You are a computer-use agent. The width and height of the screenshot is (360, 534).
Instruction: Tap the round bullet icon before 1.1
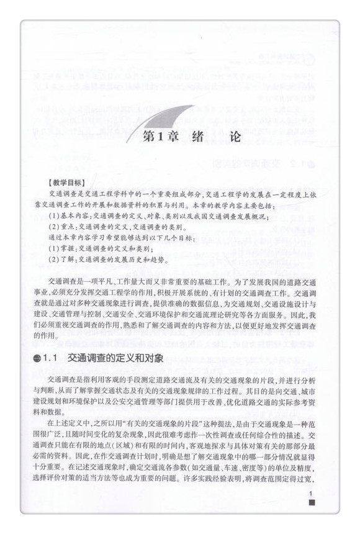pyautogui.click(x=34, y=360)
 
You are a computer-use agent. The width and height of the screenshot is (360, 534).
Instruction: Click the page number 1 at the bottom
pyautogui.click(x=312, y=494)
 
